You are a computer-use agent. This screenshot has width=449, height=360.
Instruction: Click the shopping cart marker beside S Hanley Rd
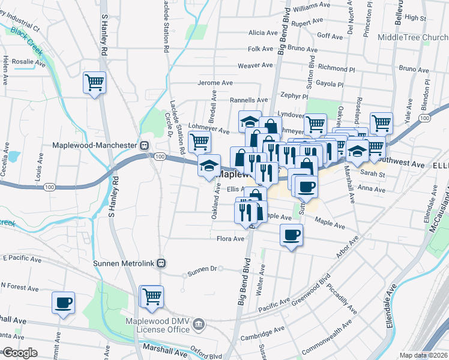pos(95,82)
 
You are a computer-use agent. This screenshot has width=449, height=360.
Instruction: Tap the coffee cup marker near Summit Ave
pos(64,302)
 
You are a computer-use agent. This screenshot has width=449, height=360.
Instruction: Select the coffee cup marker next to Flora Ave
pos(291,235)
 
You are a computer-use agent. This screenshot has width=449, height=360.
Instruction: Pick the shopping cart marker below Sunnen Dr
pos(151,296)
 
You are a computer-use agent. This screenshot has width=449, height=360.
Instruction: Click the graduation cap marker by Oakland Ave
pos(209,166)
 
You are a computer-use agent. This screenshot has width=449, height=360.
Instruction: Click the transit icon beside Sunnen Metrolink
pos(161,263)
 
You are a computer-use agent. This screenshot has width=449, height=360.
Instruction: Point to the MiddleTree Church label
pos(413,37)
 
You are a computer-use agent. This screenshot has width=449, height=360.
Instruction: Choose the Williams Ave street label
pos(312,5)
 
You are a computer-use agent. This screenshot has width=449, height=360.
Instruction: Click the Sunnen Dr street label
pos(202,269)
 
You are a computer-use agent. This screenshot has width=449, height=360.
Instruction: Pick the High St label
pos(415,18)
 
